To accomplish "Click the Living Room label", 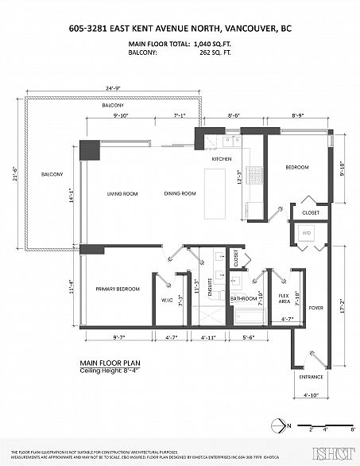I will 123,193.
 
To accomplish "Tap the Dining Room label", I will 180,193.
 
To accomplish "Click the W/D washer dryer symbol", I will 307,233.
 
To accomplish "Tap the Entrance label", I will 311,376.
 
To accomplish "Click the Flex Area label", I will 284,300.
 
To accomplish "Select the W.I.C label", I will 167,300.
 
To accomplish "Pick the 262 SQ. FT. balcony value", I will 213,53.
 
